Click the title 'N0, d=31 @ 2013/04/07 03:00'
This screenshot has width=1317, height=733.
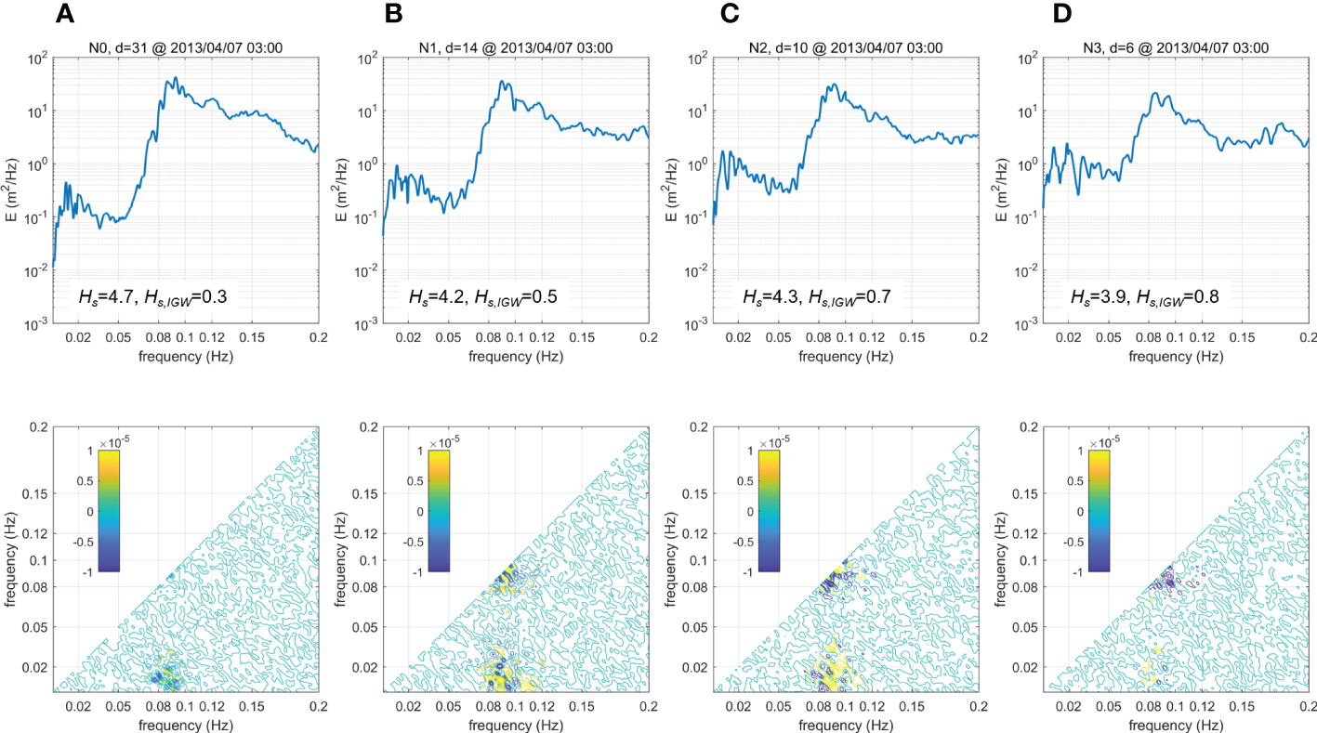tap(186, 47)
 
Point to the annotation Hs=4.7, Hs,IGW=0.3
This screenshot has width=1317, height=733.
tap(151, 296)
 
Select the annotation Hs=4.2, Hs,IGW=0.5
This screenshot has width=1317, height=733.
tap(481, 296)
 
